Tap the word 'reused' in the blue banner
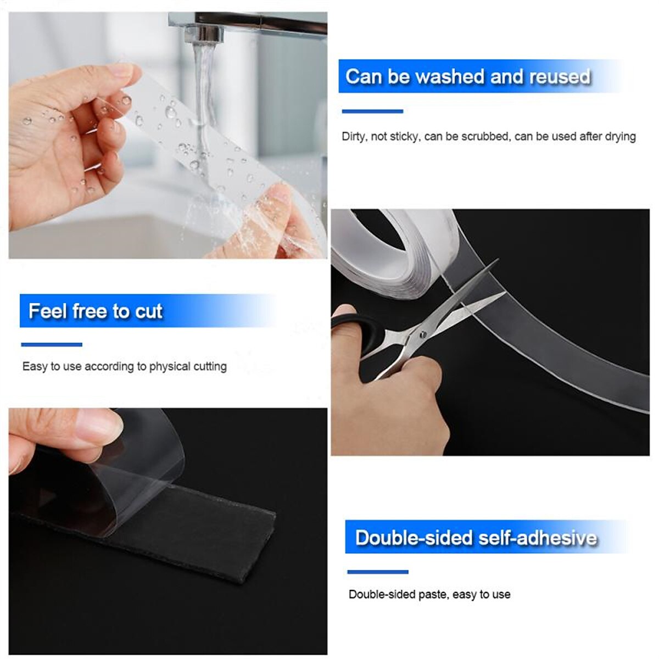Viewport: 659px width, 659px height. pyautogui.click(x=560, y=77)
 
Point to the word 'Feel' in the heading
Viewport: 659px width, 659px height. pyautogui.click(x=48, y=311)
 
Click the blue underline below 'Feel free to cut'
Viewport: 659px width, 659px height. pyautogui.click(x=52, y=345)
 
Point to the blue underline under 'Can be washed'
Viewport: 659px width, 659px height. pyautogui.click(x=372, y=111)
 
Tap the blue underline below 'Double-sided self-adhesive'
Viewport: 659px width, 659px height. pyautogui.click(x=378, y=572)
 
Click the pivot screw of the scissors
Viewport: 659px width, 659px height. pyautogui.click(x=422, y=334)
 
